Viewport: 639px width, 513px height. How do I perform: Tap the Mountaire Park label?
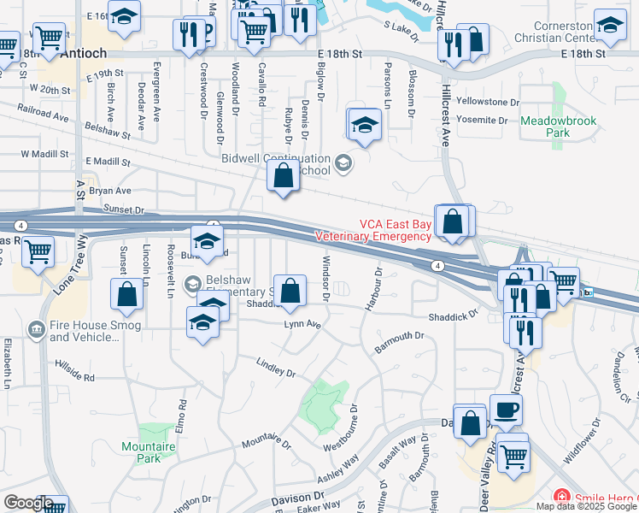click(x=148, y=451)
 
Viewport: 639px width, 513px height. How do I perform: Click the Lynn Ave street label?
click(x=303, y=325)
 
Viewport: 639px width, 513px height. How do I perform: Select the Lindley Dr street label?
click(x=276, y=369)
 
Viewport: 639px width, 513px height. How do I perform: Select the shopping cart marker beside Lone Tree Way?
click(x=38, y=252)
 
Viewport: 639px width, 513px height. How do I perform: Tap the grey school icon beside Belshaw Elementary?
click(x=193, y=283)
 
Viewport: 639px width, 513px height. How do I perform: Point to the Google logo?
click(x=27, y=503)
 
